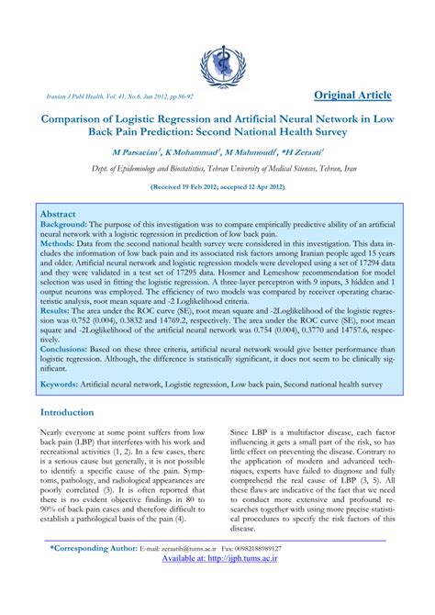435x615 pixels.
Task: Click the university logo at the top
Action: coord(217,62)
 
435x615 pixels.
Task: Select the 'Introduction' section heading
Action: coord(79,412)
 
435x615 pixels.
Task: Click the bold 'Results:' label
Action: coord(56,312)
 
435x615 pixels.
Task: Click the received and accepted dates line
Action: coord(217,185)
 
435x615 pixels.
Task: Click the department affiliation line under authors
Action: coord(217,168)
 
